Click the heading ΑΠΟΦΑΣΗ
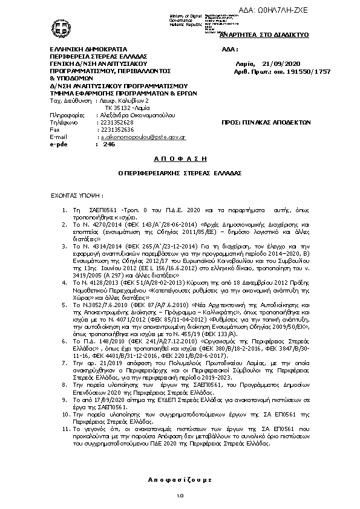click(180, 157)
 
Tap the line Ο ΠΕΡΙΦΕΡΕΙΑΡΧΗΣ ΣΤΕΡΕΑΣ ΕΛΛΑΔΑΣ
click(180, 172)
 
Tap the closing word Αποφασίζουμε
click(180, 479)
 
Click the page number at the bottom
click(180, 497)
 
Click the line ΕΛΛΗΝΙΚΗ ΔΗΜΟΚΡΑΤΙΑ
click(80, 48)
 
